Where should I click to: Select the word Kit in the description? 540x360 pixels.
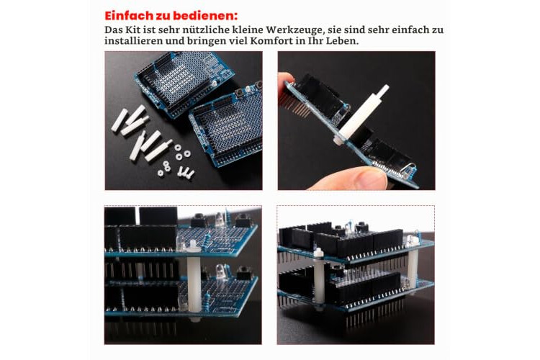(x=135, y=30)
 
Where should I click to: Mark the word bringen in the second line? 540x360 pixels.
(x=206, y=41)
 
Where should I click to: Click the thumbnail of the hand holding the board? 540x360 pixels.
(x=356, y=120)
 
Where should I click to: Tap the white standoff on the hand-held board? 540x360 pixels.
(x=361, y=113)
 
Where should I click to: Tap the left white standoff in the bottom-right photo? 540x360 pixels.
(x=319, y=277)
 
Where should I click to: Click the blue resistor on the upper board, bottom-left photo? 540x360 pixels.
(x=207, y=239)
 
